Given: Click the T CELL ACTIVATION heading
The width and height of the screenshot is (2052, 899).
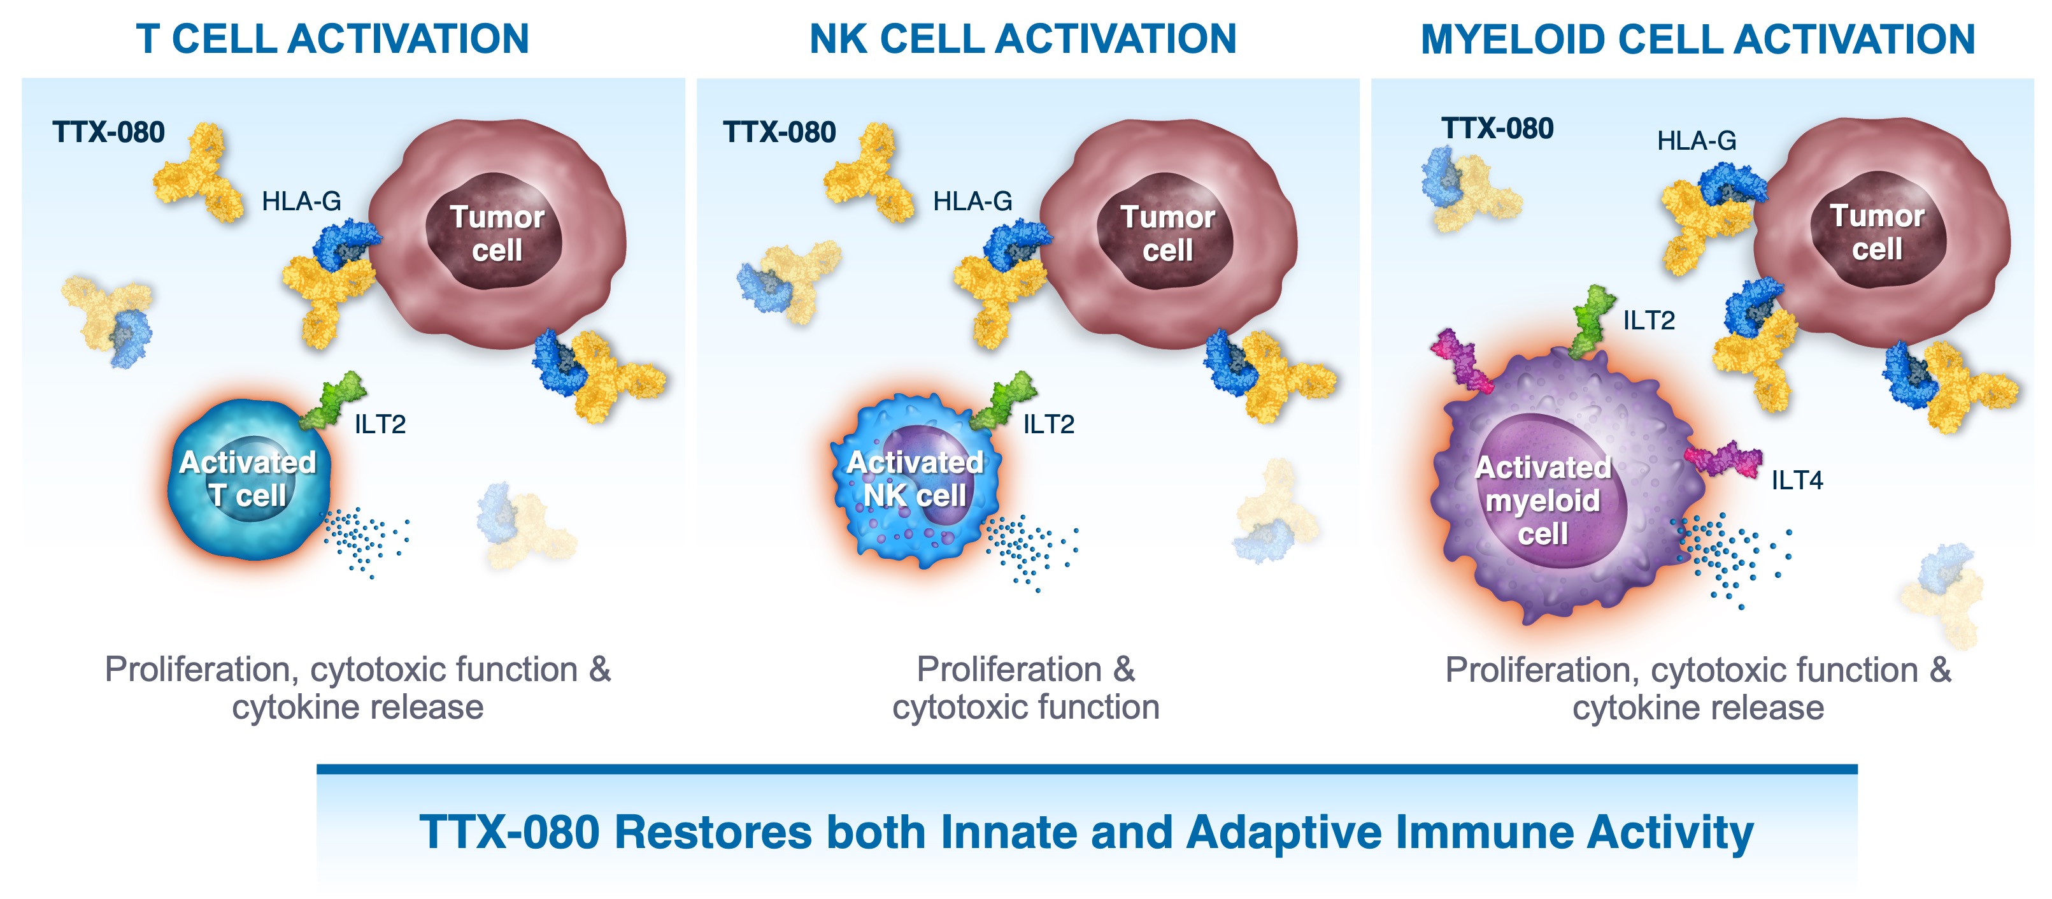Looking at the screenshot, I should [332, 38].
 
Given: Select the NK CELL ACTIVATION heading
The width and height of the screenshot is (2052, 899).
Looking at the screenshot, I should [1023, 38].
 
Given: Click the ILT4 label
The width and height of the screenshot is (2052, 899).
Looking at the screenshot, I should [1797, 480].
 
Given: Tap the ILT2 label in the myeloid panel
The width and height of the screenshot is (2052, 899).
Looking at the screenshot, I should [1649, 320].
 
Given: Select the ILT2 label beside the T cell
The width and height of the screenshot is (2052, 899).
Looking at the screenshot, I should [380, 424].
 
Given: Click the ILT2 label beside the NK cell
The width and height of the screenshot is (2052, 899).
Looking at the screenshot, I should [1048, 424].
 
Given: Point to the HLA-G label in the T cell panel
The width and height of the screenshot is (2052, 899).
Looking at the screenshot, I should [301, 201].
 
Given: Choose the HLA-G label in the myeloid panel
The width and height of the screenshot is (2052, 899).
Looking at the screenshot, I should [1697, 141].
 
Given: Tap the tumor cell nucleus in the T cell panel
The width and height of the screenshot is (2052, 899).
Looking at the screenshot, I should [495, 232].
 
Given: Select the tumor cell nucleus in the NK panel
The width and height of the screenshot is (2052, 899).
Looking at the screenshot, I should [1166, 232].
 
